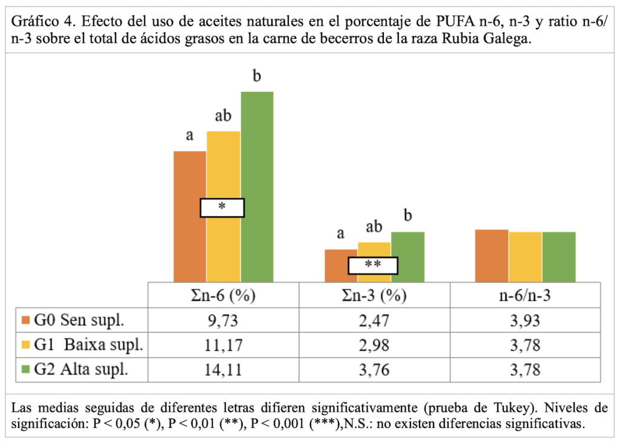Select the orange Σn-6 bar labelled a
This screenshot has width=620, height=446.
click(190, 182)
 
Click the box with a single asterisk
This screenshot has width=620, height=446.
click(222, 208)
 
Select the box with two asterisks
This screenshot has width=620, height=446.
click(373, 265)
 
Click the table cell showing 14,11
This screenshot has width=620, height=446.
click(224, 370)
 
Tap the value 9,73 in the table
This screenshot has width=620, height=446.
click(224, 321)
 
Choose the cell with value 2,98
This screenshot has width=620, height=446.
click(374, 345)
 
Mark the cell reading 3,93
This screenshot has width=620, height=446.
click(525, 321)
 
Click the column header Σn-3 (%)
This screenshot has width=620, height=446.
click(374, 296)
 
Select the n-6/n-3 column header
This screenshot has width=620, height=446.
click(525, 296)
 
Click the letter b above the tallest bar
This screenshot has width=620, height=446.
click(257, 76)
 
